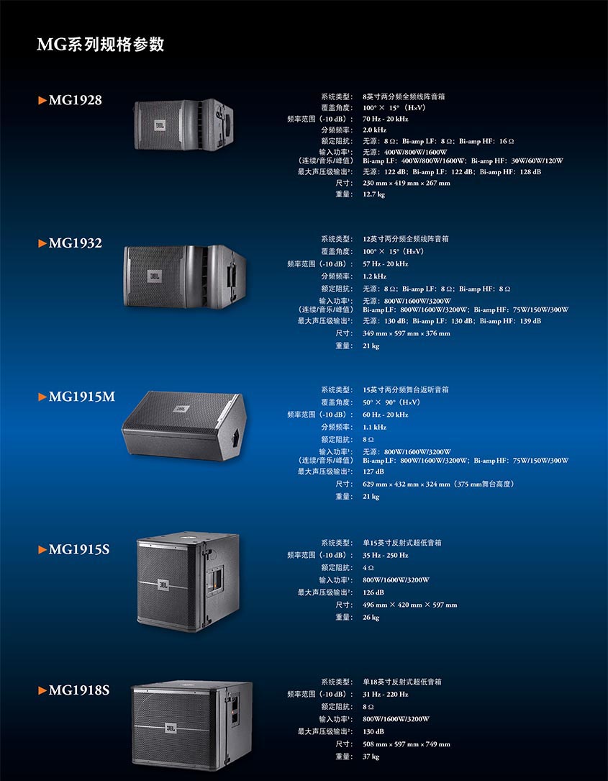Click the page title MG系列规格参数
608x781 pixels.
[x=101, y=45]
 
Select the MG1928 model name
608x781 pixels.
[x=76, y=100]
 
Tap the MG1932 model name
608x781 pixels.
[x=76, y=243]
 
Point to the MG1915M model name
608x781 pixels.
[x=81, y=397]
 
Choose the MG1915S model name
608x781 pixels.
[x=78, y=549]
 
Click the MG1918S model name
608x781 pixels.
[x=78, y=690]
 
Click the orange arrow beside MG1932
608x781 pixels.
[x=42, y=243]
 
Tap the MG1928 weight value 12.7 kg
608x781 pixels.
[x=374, y=194]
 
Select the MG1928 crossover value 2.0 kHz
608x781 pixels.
[x=374, y=130]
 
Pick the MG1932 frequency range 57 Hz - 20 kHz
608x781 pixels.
[x=386, y=264]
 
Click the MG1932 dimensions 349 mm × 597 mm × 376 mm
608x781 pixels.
[x=407, y=333]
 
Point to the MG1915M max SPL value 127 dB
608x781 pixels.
[x=373, y=471]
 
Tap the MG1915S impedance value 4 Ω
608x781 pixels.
[x=368, y=567]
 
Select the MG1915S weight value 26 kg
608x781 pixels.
[x=371, y=618]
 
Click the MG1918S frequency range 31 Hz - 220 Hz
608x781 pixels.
[x=386, y=695]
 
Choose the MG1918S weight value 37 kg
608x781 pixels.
[x=371, y=757]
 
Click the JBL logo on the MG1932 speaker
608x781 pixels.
[x=155, y=276]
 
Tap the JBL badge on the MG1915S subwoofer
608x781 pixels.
[x=163, y=584]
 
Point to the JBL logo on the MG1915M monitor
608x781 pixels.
[x=181, y=409]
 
